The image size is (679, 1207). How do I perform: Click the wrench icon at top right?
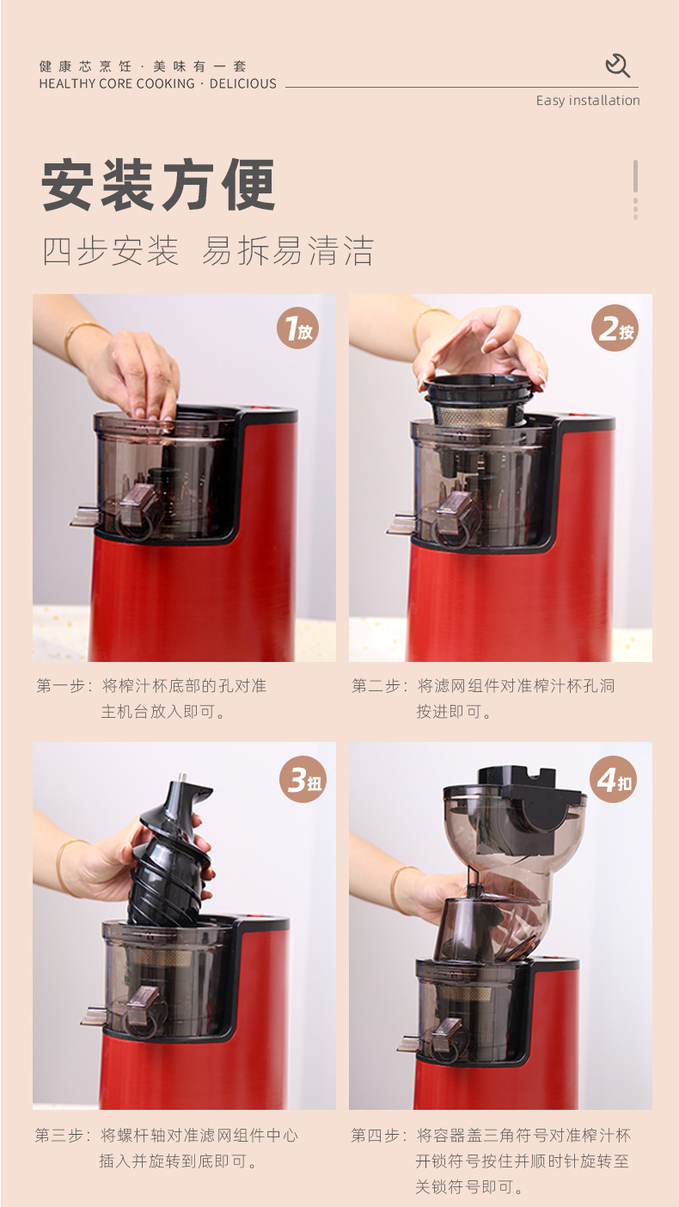617,65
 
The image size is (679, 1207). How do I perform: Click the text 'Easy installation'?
588,101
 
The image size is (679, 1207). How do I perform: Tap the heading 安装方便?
158,185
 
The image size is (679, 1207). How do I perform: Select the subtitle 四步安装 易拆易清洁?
208,251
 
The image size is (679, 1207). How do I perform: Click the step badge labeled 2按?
615,328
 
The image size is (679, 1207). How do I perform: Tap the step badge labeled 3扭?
303,780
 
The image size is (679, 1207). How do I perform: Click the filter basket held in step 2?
481,402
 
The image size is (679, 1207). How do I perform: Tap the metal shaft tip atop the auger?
182,778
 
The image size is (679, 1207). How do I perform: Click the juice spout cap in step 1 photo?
135,507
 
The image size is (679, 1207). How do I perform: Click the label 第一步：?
64,686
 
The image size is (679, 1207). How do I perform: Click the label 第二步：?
379,686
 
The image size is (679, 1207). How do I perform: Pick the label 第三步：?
63,1136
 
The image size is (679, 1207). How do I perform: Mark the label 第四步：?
378,1136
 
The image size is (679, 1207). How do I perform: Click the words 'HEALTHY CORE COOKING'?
117,84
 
